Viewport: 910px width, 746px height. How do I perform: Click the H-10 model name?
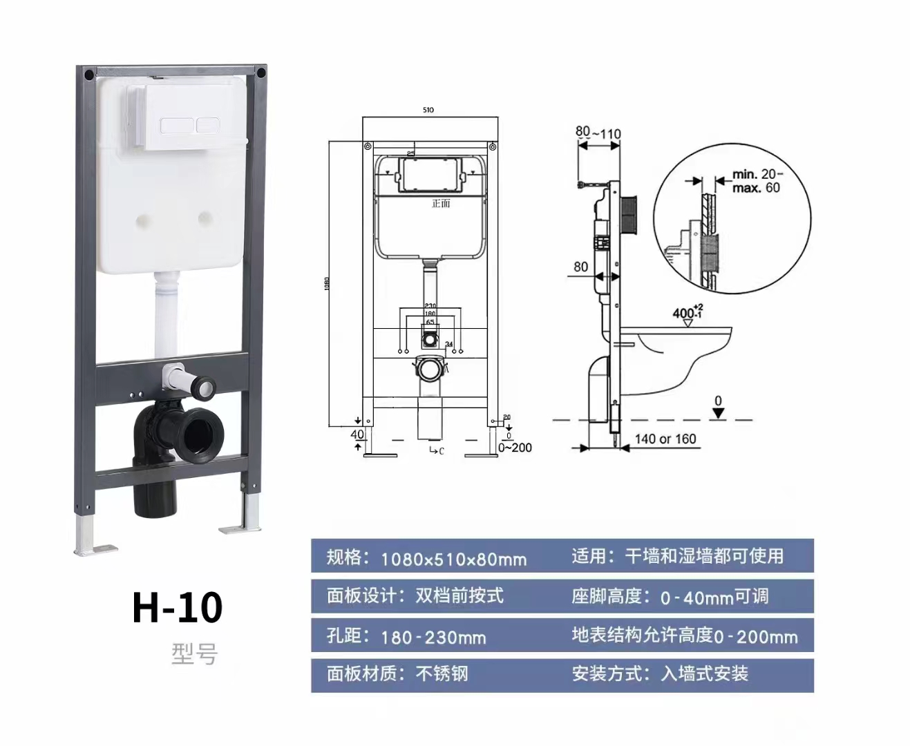pos(178,606)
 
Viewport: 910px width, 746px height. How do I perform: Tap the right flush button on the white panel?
pos(207,126)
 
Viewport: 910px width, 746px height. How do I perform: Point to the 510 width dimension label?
pos(428,110)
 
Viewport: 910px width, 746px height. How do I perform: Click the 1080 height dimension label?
pos(328,283)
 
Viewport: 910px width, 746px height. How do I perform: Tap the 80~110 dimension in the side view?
pos(598,133)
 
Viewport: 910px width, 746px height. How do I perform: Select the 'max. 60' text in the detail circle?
pos(756,188)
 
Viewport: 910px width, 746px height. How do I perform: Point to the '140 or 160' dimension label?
pos(665,439)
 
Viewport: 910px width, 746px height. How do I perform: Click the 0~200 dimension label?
pos(515,448)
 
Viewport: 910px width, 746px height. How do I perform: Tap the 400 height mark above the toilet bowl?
pos(686,313)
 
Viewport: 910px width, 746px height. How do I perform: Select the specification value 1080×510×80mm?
pos(453,558)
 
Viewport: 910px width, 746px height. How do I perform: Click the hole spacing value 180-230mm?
pos(433,636)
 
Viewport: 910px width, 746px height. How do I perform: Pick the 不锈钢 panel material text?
pos(442,673)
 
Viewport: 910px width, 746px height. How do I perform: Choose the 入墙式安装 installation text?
pos(704,673)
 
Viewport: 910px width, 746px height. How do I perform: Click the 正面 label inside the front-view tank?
pos(440,203)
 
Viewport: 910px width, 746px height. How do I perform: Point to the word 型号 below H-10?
pos(194,653)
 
